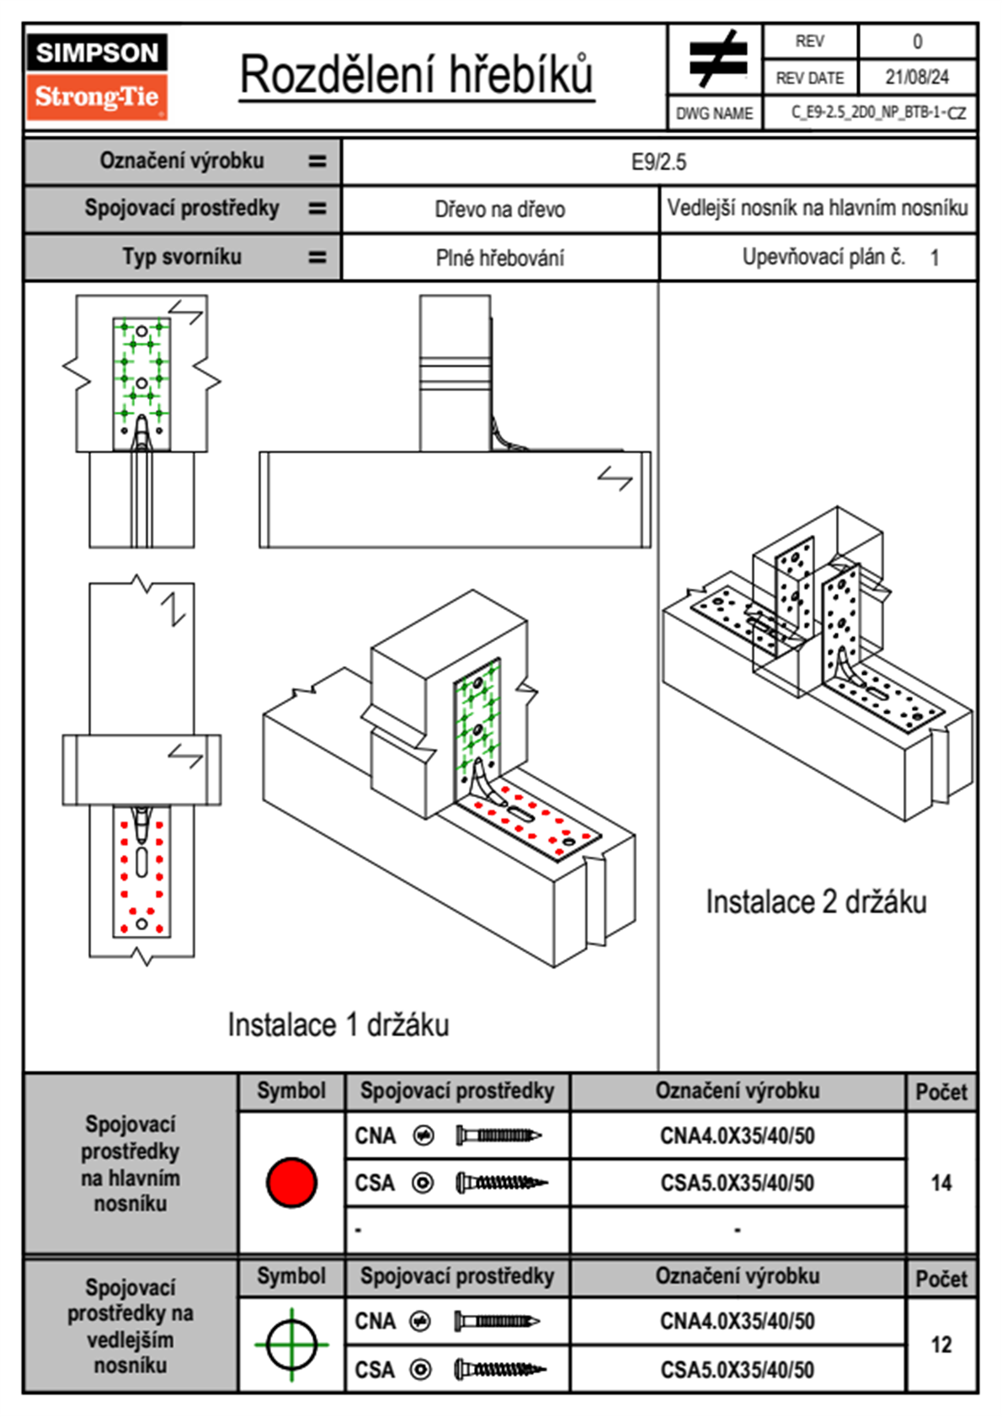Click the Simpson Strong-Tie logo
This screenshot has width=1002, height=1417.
tap(96, 76)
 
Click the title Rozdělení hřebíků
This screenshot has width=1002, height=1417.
tap(416, 76)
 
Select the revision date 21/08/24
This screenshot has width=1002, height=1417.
tap(916, 78)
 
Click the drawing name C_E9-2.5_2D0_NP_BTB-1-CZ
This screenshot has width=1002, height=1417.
tap(878, 113)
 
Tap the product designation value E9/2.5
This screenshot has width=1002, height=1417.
tap(658, 162)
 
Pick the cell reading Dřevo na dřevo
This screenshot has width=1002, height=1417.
tap(499, 210)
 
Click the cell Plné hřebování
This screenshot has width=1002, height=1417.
tap(499, 258)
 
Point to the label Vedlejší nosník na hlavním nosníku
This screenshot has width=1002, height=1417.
tap(817, 208)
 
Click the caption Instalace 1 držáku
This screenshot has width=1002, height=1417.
tap(338, 1024)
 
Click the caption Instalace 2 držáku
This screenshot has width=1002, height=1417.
tap(815, 902)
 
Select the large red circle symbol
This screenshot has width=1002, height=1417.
tap(291, 1182)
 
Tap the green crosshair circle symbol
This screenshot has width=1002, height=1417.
tap(291, 1345)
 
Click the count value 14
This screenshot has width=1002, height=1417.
tap(941, 1183)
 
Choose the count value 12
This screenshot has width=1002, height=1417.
tap(941, 1345)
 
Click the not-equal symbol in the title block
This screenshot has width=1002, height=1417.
tap(717, 60)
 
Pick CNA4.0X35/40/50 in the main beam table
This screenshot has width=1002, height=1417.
tap(737, 1136)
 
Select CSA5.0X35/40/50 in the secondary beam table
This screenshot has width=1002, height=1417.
tap(737, 1370)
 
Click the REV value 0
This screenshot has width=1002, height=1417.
tap(917, 41)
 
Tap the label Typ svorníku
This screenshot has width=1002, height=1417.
tap(182, 257)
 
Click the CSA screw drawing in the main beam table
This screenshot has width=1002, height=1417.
tap(500, 1183)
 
